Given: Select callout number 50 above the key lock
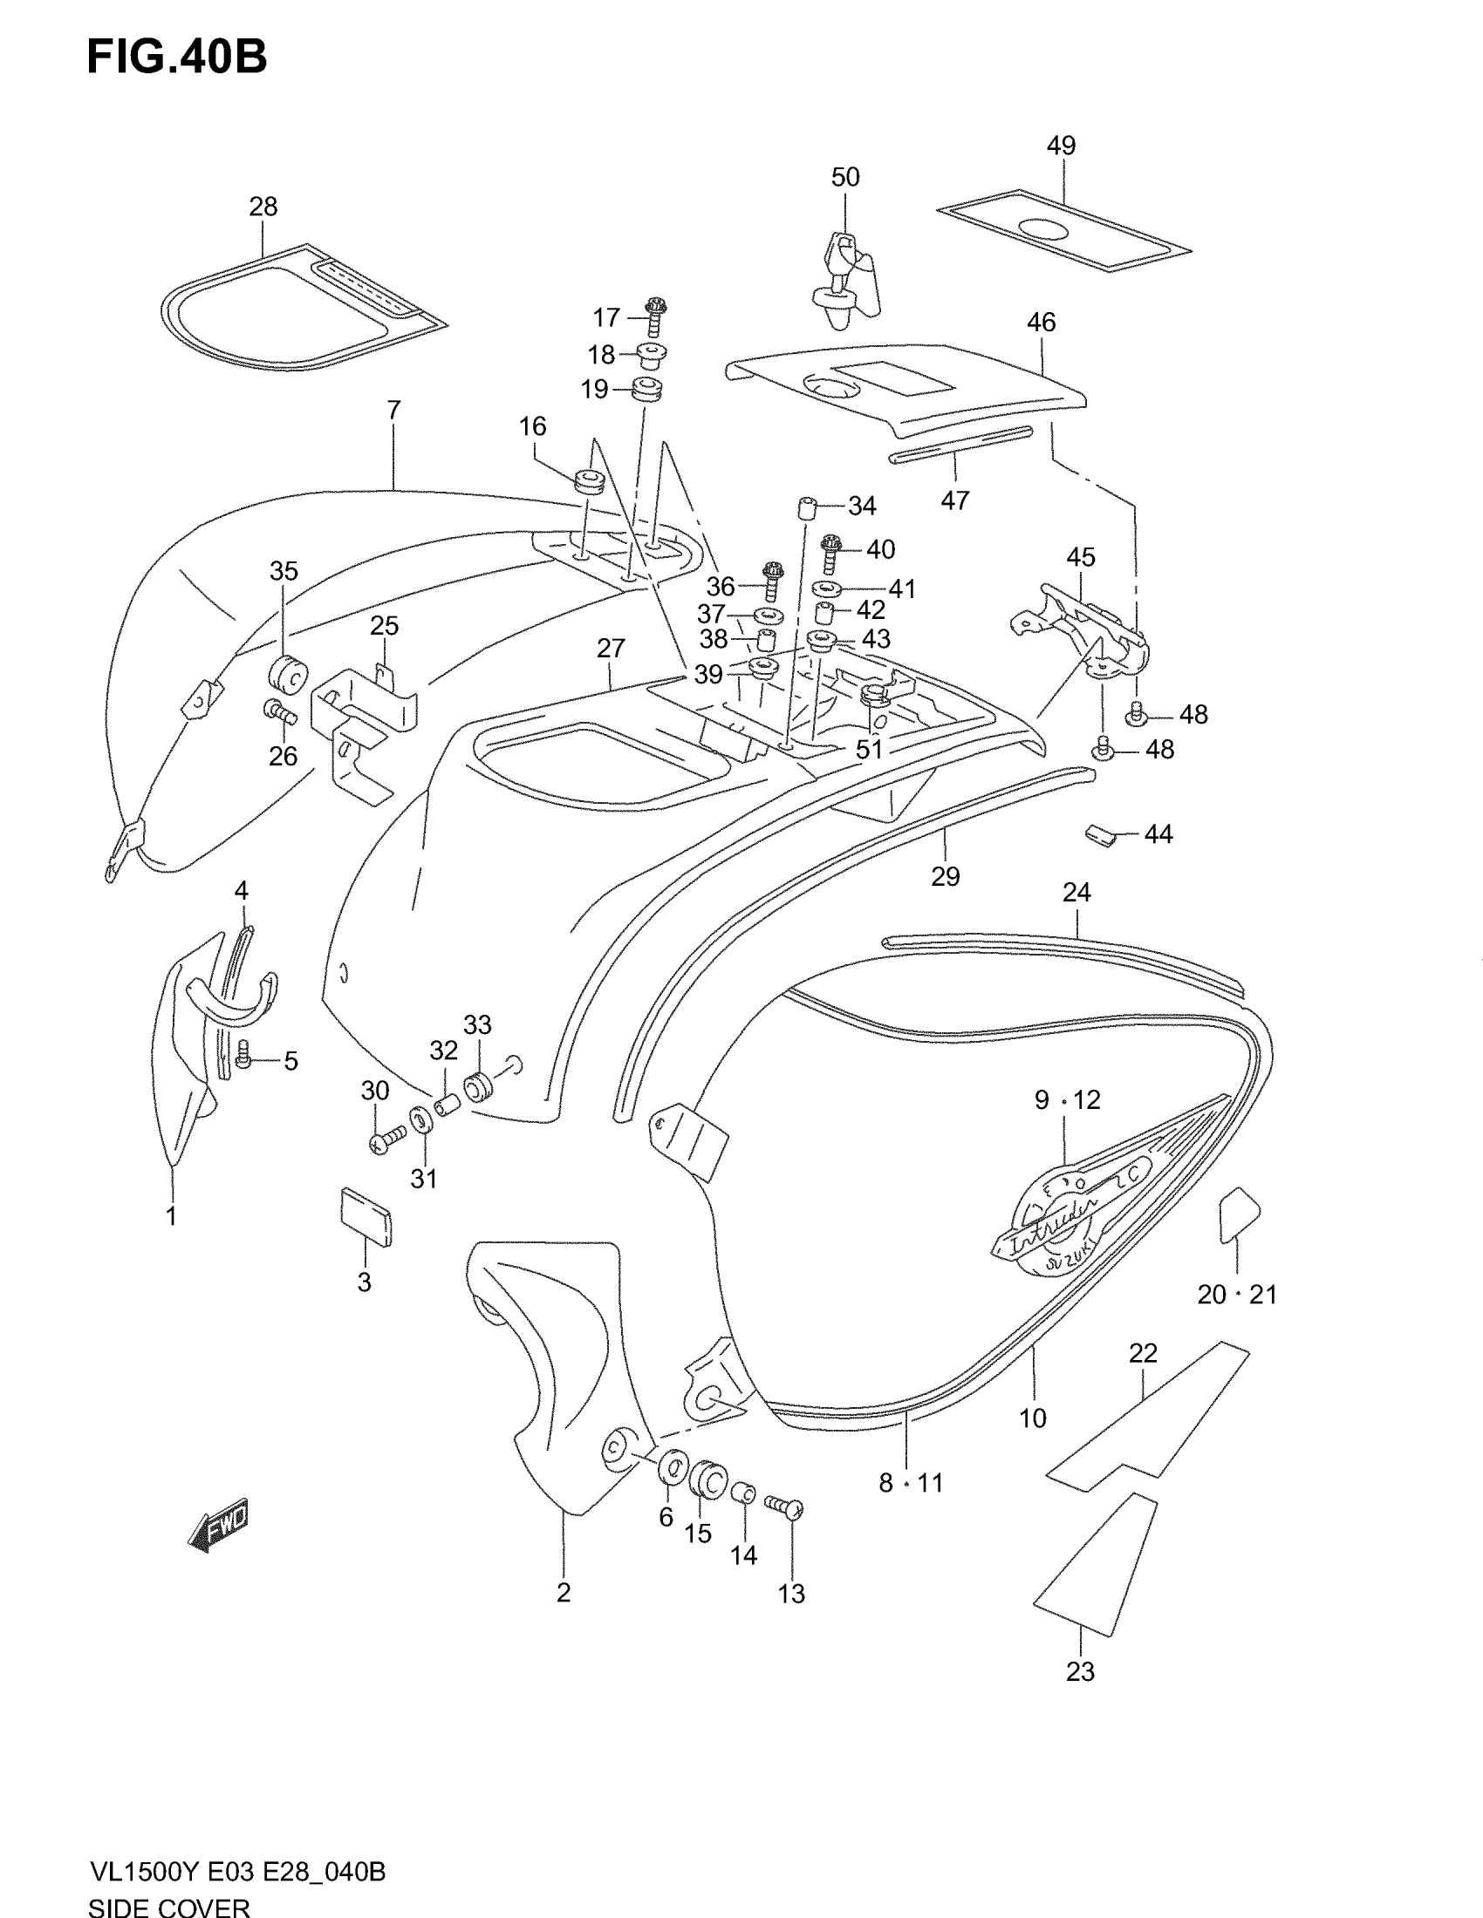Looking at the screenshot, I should [x=845, y=177].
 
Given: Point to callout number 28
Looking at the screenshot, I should [x=263, y=207].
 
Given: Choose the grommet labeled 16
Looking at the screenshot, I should [x=589, y=481].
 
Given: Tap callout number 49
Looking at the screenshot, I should [x=1062, y=146].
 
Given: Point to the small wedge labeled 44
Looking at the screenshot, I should [x=1100, y=834].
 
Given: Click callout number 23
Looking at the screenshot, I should [x=1080, y=1671].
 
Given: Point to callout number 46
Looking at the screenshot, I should [x=1041, y=323].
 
